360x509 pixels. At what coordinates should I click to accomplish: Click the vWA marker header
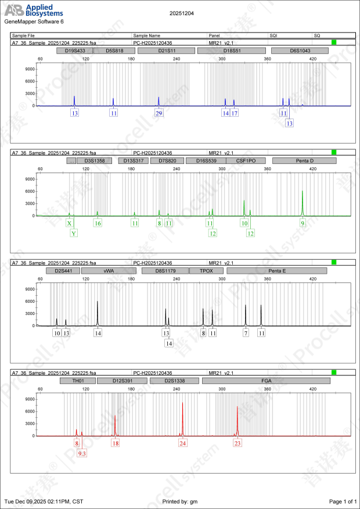[x=108, y=271]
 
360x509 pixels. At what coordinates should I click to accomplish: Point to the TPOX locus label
[x=206, y=271]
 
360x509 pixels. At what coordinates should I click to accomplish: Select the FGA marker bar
[x=266, y=381]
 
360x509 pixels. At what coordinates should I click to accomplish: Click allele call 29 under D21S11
[x=159, y=113]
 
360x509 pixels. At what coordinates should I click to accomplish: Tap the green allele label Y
[x=74, y=233]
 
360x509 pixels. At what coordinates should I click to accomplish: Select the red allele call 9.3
[x=82, y=453]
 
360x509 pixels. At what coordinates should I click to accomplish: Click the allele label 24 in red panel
[x=183, y=443]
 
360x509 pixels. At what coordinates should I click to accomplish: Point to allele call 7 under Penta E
[x=246, y=334]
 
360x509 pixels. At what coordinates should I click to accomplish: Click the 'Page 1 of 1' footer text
[x=343, y=501]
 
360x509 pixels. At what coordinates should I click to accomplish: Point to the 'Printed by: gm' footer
[x=180, y=501]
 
